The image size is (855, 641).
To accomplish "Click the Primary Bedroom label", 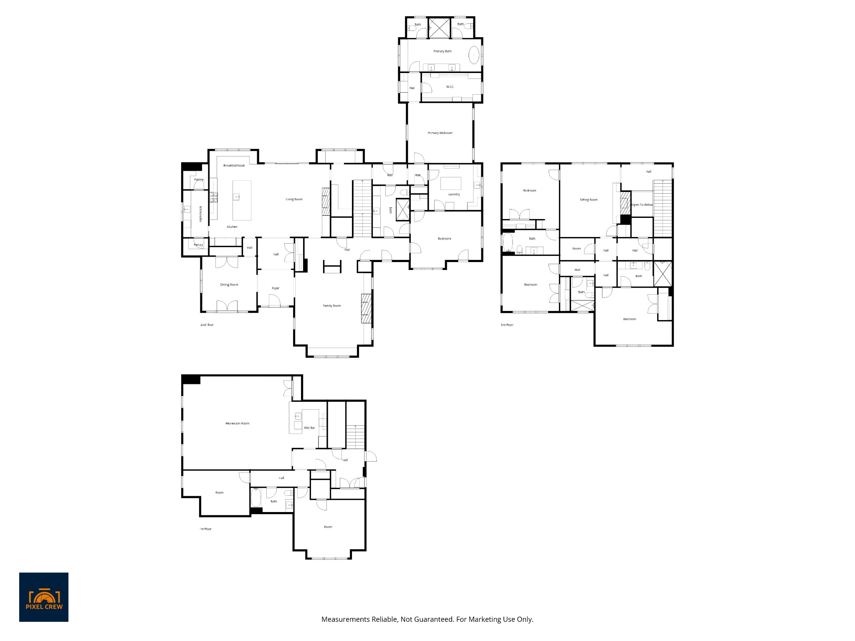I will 440,133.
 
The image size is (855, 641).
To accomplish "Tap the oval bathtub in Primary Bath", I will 474,55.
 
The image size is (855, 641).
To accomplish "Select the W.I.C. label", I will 450,87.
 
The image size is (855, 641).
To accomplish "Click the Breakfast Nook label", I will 234,166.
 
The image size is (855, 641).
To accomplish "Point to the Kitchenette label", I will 200,214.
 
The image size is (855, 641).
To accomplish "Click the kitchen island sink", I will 237,196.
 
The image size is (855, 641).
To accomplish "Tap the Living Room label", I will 294,199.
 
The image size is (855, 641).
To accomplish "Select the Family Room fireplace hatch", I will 366,308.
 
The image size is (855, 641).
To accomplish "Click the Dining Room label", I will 229,285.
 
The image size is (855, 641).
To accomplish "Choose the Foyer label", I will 276,288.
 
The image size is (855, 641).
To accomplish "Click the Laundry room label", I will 454,194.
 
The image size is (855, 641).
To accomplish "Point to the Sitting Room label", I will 589,200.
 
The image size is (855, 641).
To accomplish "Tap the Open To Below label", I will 642,205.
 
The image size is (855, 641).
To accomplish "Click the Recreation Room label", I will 237,423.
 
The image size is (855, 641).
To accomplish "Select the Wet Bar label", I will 309,428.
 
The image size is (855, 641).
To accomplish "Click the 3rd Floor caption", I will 507,325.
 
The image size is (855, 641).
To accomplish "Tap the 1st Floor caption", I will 205,529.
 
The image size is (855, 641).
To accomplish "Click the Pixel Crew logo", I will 44,597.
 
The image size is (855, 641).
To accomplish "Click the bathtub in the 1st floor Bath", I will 256,497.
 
